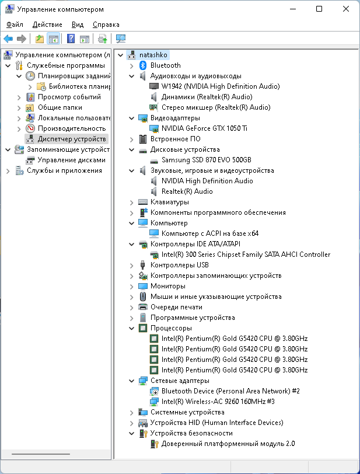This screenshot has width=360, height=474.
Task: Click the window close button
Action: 347,9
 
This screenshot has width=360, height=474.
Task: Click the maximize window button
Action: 319,9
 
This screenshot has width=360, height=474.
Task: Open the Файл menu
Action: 15,25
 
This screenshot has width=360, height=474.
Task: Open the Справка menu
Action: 106,25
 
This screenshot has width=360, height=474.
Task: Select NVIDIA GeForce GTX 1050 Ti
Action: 204,128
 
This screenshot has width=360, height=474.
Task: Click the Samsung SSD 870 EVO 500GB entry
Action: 206,160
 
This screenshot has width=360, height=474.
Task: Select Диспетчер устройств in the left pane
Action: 72,139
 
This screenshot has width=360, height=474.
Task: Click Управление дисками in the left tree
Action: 71,160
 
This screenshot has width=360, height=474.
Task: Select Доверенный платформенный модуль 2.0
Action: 228,444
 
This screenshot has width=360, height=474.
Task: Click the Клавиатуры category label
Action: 169,202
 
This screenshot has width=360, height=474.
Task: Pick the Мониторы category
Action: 167,286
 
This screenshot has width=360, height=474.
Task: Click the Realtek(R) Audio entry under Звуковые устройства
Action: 187,191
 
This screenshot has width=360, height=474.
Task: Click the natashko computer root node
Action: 153,55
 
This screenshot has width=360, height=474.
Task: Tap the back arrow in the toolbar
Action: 8,39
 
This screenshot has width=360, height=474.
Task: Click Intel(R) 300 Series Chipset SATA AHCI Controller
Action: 246,255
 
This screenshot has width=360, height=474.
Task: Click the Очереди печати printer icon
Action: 143,307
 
